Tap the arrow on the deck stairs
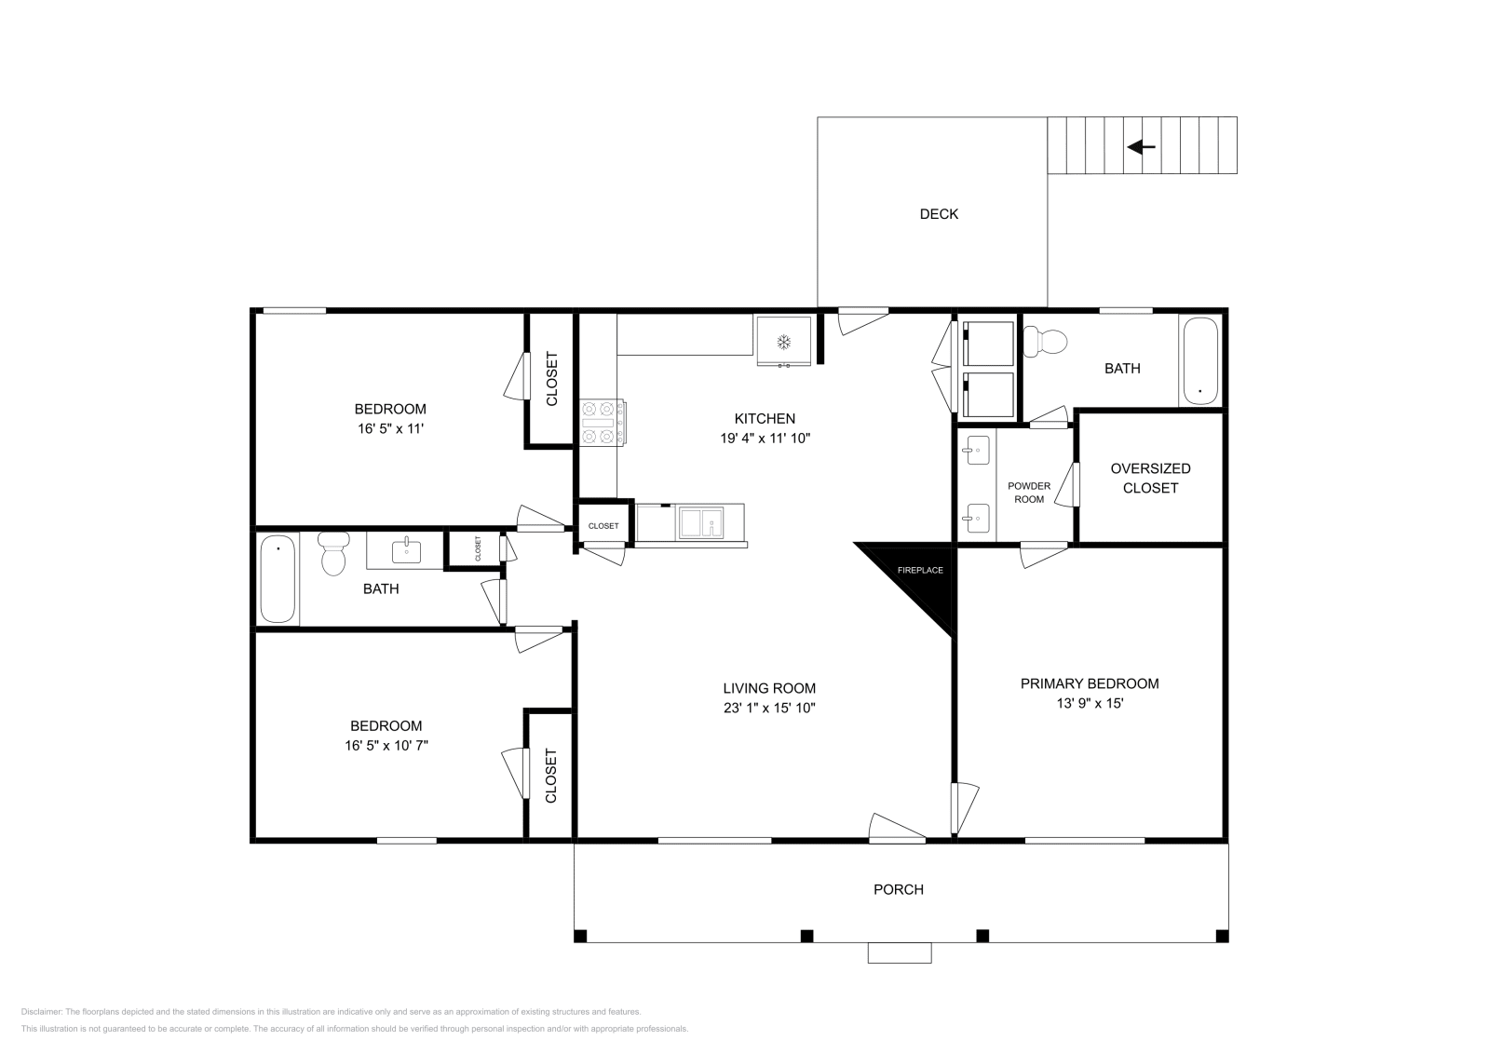[x=1142, y=146]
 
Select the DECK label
[x=939, y=214]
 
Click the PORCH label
[x=898, y=890]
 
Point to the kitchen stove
[x=602, y=423]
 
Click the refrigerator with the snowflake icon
[x=783, y=341]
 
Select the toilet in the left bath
[x=333, y=553]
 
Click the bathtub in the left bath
[x=278, y=578]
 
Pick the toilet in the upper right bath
[x=1044, y=341]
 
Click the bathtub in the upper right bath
[x=1200, y=361]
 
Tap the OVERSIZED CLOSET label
[x=1150, y=479]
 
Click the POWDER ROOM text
[x=1029, y=493]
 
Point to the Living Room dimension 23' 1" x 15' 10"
[x=769, y=709]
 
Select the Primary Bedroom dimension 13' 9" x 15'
[x=1090, y=704]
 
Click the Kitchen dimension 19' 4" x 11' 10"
[x=765, y=439]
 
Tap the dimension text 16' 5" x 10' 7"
[x=386, y=746]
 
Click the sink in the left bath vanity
[x=406, y=552]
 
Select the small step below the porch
[x=900, y=953]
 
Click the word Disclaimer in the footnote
[x=41, y=1012]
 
